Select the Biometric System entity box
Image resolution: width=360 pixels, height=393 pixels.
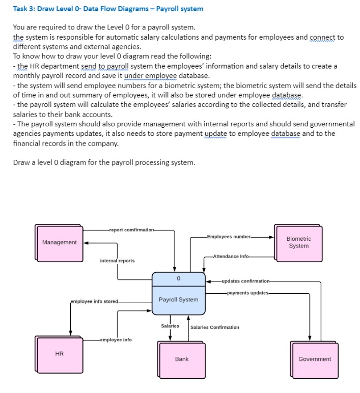(x=298, y=242)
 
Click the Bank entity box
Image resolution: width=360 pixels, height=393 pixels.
(x=181, y=359)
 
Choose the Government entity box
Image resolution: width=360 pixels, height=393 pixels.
(x=314, y=359)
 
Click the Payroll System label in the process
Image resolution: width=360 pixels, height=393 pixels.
(x=178, y=299)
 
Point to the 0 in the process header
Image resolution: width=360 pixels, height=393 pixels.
(x=178, y=278)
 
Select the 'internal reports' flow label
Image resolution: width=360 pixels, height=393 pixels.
(x=117, y=261)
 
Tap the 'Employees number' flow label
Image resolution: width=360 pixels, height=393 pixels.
(x=229, y=237)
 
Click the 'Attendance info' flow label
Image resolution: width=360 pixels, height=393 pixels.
(x=231, y=256)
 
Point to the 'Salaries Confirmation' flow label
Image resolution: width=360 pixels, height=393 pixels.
(x=214, y=327)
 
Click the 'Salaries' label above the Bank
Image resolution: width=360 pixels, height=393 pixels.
(x=170, y=326)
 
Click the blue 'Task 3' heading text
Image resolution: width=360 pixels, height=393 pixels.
(x=108, y=9)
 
